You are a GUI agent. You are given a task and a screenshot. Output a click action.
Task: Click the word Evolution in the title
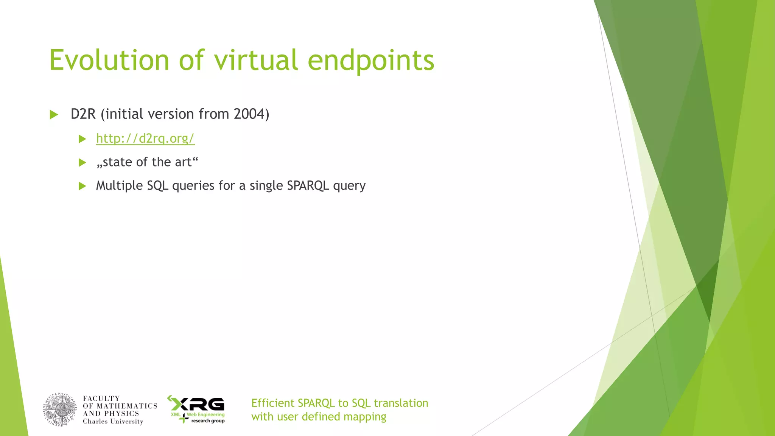click(109, 61)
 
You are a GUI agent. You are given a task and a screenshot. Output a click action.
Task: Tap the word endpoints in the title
click(371, 61)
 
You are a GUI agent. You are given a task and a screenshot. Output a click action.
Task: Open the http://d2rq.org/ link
click(145, 139)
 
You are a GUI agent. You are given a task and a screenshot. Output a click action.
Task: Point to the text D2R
click(83, 114)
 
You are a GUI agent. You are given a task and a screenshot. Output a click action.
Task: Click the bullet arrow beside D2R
click(54, 115)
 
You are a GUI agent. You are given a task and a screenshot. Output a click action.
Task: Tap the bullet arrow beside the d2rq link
click(82, 139)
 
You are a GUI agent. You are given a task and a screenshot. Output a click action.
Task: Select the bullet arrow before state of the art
click(82, 163)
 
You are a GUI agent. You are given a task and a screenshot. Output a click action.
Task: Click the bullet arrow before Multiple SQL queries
click(82, 186)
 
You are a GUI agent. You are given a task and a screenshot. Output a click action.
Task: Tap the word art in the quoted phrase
click(183, 162)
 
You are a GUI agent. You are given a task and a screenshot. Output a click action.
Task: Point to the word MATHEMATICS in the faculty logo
click(127, 406)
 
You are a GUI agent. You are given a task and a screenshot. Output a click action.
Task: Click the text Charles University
click(113, 422)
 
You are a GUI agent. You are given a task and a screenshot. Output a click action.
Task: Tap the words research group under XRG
click(208, 421)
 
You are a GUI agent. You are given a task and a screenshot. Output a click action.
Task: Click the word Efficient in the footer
click(272, 403)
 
